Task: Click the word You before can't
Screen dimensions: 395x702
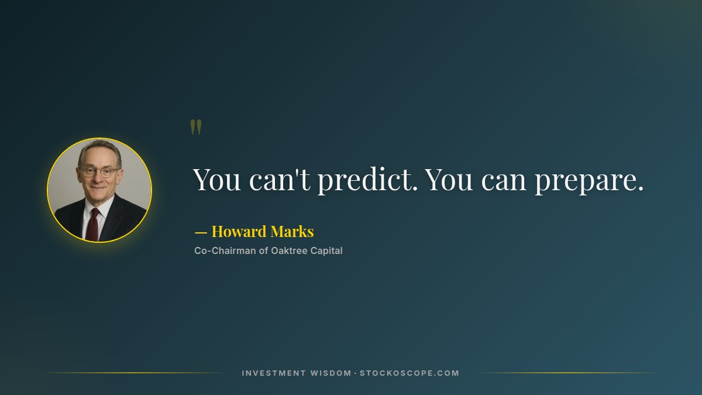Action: pos(216,180)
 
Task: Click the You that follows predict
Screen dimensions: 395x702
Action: pos(449,180)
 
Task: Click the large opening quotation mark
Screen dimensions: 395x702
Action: pos(196,127)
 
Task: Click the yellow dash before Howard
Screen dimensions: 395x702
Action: pos(201,232)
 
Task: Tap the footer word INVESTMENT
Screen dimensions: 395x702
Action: pos(274,373)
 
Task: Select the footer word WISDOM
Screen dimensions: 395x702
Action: pos(331,373)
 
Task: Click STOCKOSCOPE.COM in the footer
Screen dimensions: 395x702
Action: pos(409,373)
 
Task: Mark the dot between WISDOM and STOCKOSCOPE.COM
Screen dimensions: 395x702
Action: pos(355,373)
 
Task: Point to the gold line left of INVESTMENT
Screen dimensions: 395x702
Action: pos(135,373)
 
